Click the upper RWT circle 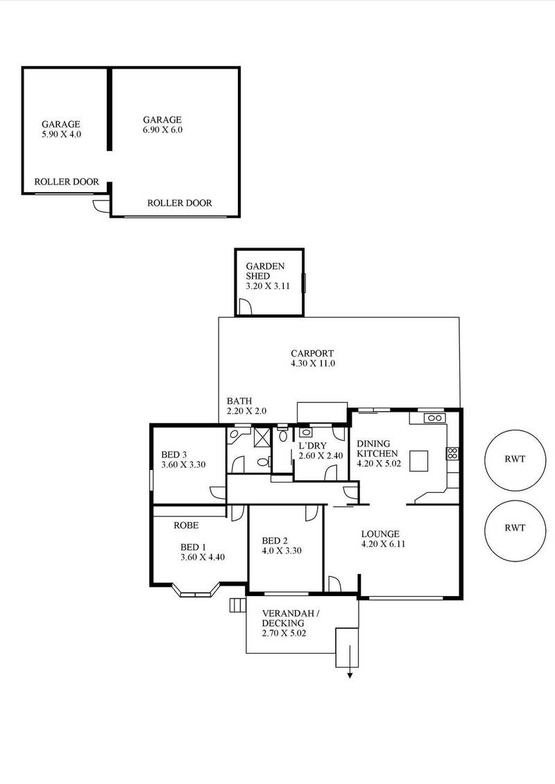click(x=514, y=458)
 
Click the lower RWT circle click(x=514, y=528)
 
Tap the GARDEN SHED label click(x=264, y=270)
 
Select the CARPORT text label click(x=313, y=352)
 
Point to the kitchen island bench click(x=420, y=460)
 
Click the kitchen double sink click(x=435, y=418)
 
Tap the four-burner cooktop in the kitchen click(x=452, y=453)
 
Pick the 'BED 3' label click(x=173, y=455)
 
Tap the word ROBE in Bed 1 click(x=187, y=525)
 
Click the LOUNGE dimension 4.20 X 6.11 click(x=383, y=544)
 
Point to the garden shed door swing click(x=244, y=307)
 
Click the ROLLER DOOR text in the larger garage click(x=180, y=203)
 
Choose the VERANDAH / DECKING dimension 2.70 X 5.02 click(x=284, y=634)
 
